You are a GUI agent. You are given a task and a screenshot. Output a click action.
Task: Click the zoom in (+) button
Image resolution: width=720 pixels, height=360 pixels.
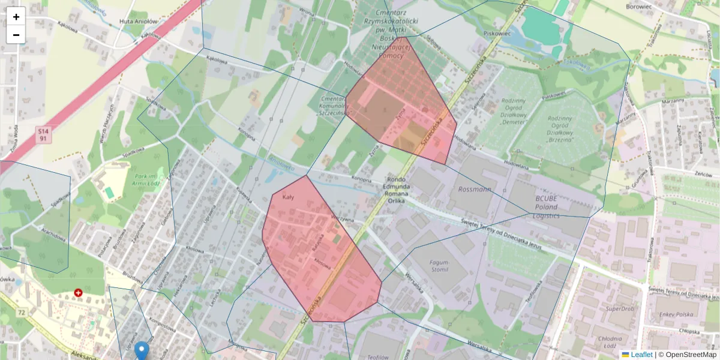coord(16,17)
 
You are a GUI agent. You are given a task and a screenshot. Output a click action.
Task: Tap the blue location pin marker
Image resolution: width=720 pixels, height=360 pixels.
coord(142,350)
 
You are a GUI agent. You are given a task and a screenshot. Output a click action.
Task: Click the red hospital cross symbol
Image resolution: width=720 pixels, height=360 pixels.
coord(78,293)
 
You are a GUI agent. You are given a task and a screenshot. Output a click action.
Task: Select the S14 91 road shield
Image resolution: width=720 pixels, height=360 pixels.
coord(43,134)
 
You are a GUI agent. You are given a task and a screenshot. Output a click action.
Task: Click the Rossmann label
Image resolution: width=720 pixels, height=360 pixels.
coord(474,190)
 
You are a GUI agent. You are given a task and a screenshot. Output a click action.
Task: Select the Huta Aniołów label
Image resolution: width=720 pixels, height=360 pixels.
coord(139,21)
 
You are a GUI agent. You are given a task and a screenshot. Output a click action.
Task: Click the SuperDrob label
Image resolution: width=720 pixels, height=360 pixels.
coord(620,309)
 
